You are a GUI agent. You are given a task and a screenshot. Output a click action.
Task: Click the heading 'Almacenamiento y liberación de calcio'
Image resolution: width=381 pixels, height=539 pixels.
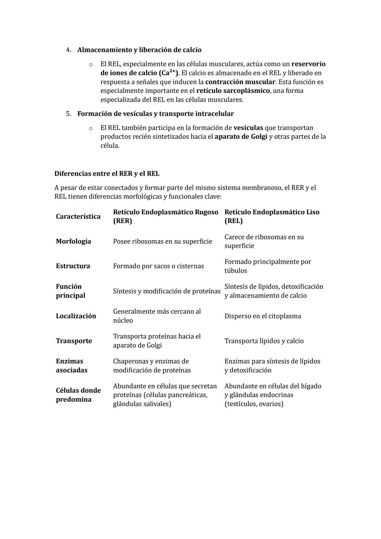pyautogui.click(x=139, y=50)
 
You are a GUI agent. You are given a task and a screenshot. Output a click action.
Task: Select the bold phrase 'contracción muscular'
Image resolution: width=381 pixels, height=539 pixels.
pyautogui.click(x=240, y=82)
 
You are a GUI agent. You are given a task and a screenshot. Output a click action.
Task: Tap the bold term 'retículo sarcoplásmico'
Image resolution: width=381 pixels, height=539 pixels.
pyautogui.click(x=233, y=91)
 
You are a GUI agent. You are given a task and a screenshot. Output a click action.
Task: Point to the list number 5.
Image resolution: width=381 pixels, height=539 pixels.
pyautogui.click(x=68, y=114)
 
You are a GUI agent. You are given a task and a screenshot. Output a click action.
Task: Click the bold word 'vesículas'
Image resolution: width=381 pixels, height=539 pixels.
pyautogui.click(x=248, y=128)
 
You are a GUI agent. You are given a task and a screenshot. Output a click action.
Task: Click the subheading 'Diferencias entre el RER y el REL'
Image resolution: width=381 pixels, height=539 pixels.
pyautogui.click(x=107, y=174)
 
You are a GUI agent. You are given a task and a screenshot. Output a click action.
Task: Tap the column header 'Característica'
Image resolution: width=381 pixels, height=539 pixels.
pyautogui.click(x=78, y=216)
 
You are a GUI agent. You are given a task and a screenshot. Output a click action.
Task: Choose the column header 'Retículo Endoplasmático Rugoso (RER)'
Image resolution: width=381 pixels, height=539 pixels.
pyautogui.click(x=165, y=216)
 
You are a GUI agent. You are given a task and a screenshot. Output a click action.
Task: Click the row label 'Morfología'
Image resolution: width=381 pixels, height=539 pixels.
pyautogui.click(x=73, y=241)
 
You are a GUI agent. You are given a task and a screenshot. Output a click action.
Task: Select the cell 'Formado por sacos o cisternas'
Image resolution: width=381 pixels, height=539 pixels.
pyautogui.click(x=158, y=266)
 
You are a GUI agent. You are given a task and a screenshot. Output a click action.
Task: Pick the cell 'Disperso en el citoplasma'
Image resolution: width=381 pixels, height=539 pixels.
pyautogui.click(x=262, y=316)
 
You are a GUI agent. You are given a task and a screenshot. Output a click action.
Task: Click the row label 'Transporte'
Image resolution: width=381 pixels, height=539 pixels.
pyautogui.click(x=74, y=341)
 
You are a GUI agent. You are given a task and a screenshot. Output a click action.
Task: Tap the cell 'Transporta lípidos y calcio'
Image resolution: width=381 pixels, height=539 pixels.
pyautogui.click(x=264, y=341)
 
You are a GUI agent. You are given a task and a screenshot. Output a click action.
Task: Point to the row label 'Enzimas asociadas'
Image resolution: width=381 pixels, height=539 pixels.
pyautogui.click(x=71, y=366)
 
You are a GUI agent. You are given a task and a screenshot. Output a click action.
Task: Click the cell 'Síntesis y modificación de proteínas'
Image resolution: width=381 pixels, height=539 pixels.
pyautogui.click(x=167, y=291)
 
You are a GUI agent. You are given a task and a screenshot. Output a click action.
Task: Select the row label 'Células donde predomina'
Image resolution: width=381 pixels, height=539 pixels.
pyautogui.click(x=78, y=395)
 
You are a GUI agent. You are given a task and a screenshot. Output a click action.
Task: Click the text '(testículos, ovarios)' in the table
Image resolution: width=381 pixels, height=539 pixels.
pyautogui.click(x=254, y=404)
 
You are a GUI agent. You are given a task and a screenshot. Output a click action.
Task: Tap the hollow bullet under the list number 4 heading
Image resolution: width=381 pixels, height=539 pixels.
pyautogui.click(x=91, y=65)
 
